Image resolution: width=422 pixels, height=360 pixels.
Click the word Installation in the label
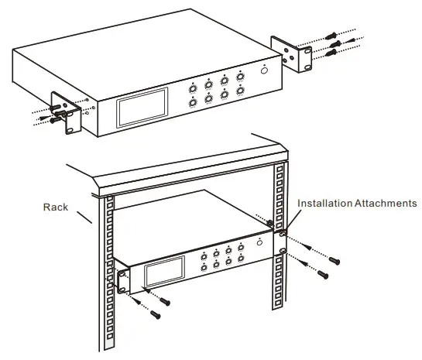[325, 204]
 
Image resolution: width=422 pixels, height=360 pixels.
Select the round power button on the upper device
[266, 70]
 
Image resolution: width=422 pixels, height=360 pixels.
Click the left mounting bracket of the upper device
[65, 113]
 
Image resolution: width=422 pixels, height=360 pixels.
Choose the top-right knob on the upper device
[240, 77]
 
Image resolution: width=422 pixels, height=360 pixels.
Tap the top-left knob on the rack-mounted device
[204, 255]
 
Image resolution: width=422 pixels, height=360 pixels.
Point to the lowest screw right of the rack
[324, 274]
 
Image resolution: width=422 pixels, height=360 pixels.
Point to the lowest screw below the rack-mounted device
[156, 314]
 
